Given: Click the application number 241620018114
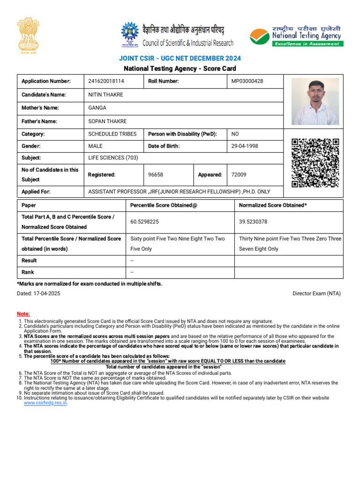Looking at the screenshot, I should [106, 81].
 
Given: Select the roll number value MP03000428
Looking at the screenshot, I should [247, 81].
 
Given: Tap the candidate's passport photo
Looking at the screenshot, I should [315, 101].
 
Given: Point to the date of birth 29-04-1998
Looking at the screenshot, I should [245, 146].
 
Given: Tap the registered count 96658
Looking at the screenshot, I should [156, 174].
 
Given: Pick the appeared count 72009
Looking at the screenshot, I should [239, 174].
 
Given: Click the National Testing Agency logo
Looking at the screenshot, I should [295, 36].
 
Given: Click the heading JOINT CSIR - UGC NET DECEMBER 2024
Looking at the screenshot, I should [180, 58].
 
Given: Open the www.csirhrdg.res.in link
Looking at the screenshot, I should [45, 403].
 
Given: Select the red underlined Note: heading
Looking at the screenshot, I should [23, 314].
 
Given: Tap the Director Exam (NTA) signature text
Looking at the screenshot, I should [316, 293].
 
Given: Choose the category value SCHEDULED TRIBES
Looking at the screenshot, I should [112, 134].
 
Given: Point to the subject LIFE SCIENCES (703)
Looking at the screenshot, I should [113, 158].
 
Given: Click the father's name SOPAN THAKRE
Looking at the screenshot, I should [107, 121].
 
